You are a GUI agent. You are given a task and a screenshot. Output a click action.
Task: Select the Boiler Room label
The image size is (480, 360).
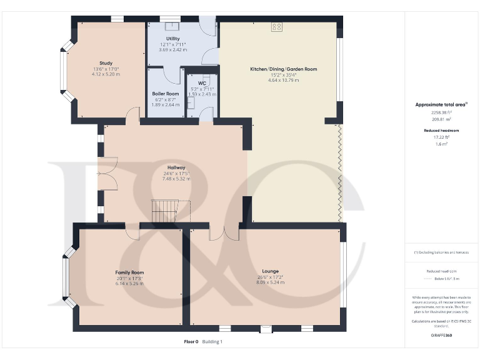166,93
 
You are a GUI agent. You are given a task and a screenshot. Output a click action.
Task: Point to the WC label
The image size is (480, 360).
202,83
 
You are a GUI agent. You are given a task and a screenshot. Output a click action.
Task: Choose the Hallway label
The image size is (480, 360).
176,167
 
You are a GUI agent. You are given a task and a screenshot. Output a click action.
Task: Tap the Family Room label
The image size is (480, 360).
129,272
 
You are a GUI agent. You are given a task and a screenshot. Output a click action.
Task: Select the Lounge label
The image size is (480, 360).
270,271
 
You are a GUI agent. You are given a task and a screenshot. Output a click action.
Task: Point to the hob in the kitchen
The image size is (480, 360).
277,27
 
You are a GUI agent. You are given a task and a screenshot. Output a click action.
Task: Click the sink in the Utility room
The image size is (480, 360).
170,26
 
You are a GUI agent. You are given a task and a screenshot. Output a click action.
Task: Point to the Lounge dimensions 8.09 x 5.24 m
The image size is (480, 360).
270,282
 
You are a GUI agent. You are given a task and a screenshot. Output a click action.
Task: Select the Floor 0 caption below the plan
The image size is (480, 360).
191,342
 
